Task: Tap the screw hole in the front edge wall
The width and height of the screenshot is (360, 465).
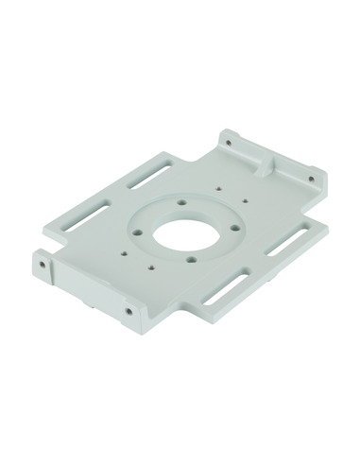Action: tap(128, 309)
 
